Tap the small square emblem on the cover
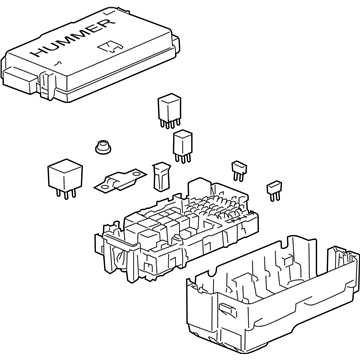coord(110,47)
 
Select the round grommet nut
coord(103,147)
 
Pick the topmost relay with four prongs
coord(169,111)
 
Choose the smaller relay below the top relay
coord(183,147)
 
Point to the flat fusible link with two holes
coord(120,181)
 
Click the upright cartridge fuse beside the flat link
coord(161,177)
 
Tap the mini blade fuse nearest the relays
coord(238,171)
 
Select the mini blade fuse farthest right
coord(274,191)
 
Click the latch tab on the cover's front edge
coord(47,85)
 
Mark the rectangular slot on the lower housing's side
coord(228,309)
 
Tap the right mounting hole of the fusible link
coord(137,174)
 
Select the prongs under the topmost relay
coord(170,123)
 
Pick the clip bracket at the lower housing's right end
coord(343,259)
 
